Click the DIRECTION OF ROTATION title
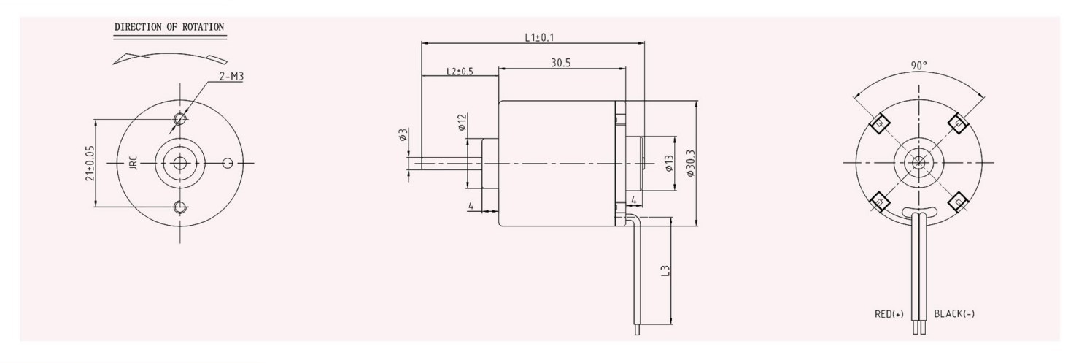(x=169, y=27)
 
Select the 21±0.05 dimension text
(x=90, y=163)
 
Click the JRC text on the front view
(x=133, y=163)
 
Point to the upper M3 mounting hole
(x=179, y=118)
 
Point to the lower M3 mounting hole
(x=179, y=207)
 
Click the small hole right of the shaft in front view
(x=228, y=163)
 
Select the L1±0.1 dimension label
(x=539, y=37)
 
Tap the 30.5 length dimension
(x=561, y=64)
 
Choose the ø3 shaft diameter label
(x=403, y=134)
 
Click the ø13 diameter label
(x=668, y=168)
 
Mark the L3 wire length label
(x=663, y=272)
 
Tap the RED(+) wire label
(x=889, y=315)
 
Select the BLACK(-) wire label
(x=954, y=315)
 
